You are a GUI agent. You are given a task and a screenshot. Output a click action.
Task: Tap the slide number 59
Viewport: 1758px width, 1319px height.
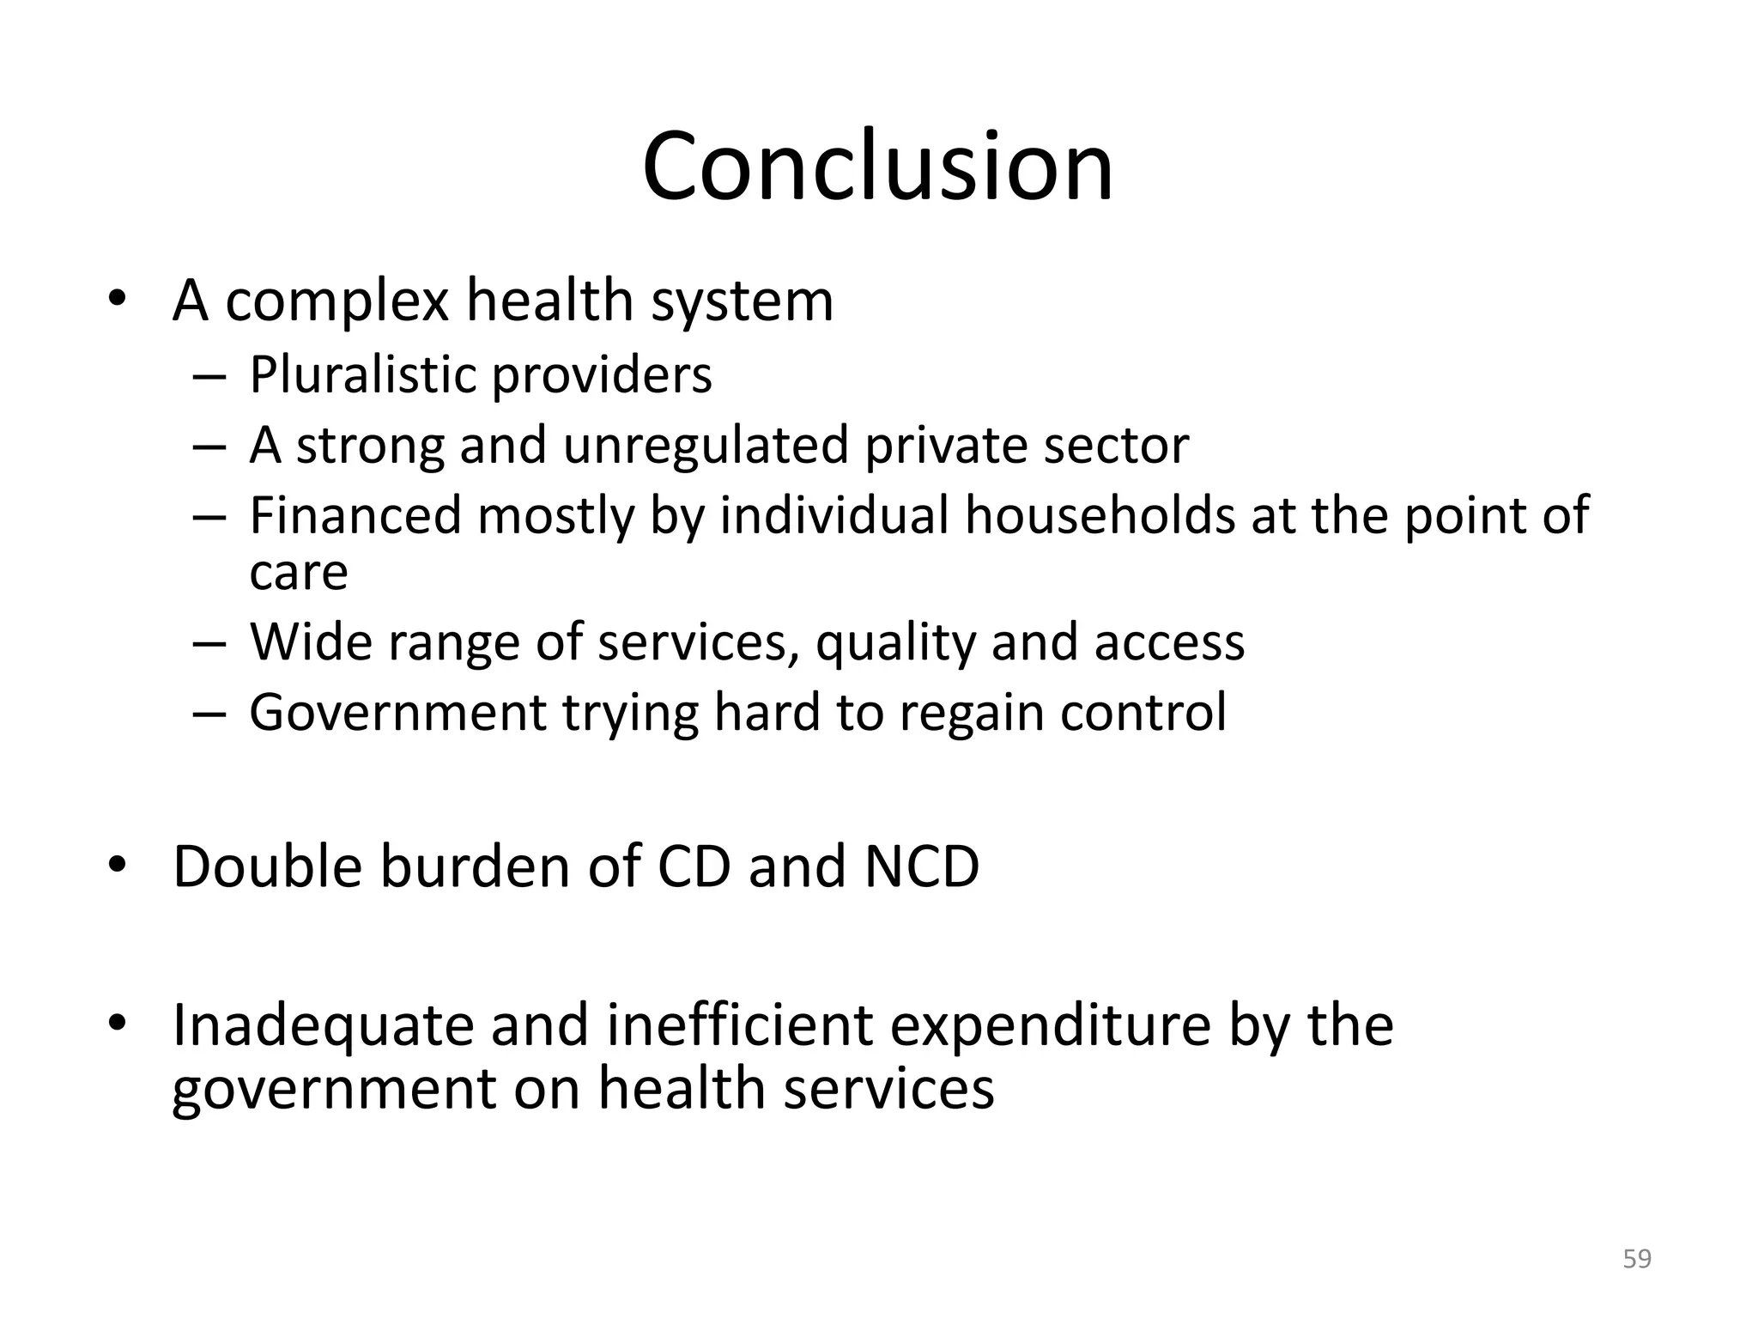[1637, 1259]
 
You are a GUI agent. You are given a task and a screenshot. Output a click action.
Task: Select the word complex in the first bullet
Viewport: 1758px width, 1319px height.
[336, 301]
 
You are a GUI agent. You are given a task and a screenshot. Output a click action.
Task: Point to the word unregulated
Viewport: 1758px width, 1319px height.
[705, 446]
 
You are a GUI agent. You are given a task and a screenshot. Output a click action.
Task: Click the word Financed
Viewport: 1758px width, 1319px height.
[355, 516]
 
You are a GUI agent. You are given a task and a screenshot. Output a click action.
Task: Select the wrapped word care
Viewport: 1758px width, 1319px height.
[298, 573]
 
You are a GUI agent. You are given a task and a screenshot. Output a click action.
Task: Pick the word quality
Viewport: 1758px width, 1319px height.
[895, 643]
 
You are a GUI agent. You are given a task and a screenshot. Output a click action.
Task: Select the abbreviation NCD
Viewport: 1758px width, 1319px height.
[921, 866]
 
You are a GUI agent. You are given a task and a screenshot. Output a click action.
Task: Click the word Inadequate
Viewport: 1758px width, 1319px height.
[323, 1026]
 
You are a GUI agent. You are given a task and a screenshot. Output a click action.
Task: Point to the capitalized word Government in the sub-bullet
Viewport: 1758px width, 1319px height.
[397, 714]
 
